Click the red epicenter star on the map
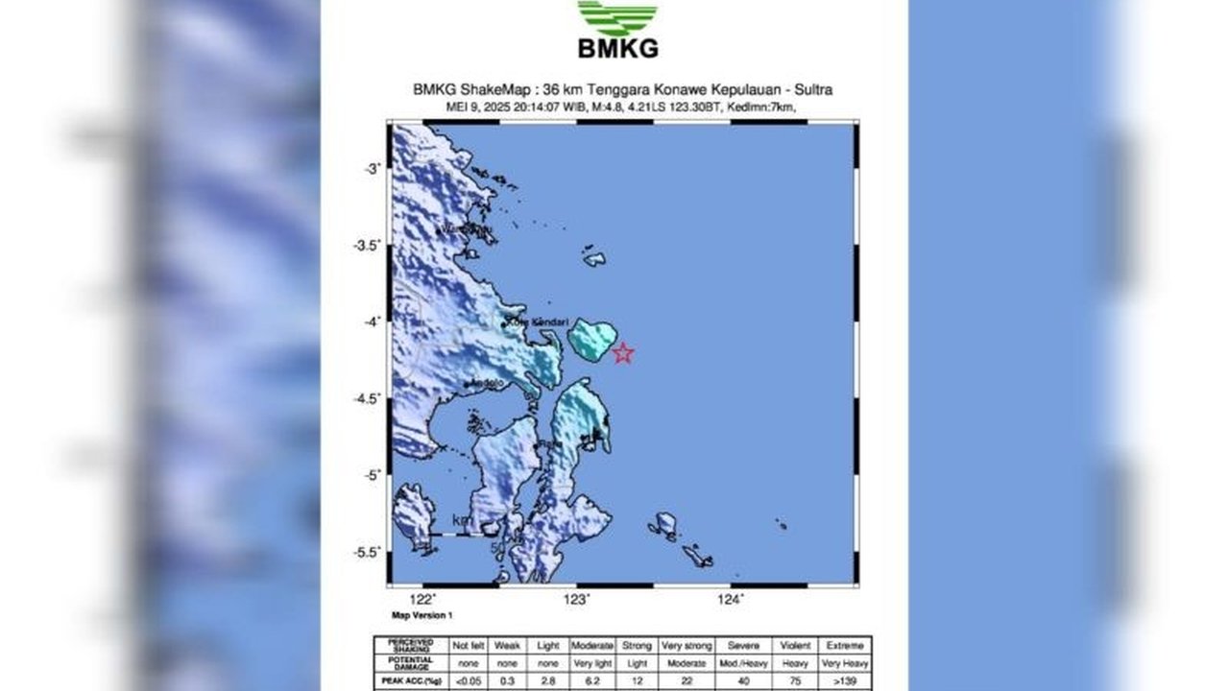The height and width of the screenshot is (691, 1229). [x=623, y=353]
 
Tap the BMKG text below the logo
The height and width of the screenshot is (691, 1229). [x=617, y=48]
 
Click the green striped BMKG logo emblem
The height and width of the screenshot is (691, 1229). [x=617, y=17]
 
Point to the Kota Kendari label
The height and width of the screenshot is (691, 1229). [x=539, y=322]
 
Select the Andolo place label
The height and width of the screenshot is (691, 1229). [x=487, y=384]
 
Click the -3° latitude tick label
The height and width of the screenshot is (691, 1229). [x=372, y=169]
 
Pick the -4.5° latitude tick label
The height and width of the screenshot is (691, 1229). [x=368, y=398]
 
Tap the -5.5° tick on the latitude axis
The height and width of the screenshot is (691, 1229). [x=368, y=552]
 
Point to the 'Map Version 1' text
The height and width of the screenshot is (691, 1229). [x=422, y=615]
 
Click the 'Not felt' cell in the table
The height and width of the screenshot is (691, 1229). [x=468, y=646]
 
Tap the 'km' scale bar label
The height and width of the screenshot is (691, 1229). [x=463, y=521]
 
